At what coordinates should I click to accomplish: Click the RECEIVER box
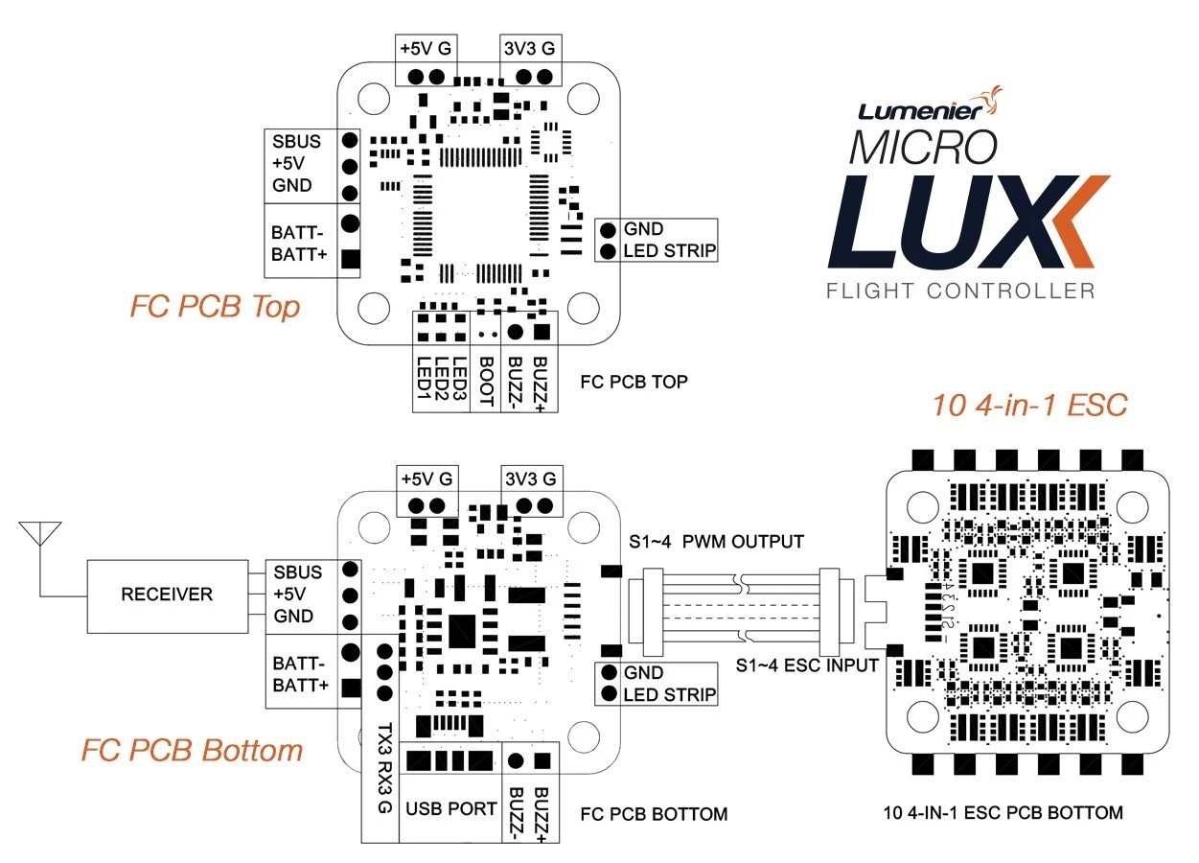(166, 595)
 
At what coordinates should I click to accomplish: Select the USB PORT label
(450, 807)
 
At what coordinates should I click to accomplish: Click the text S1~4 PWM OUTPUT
(716, 542)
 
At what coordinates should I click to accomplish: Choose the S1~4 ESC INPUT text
(807, 665)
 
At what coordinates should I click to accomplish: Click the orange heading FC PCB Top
(215, 307)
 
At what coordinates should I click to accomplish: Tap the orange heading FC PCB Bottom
(192, 750)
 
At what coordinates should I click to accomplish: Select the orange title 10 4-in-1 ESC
(1029, 406)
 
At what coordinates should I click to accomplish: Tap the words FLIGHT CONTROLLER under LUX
(959, 290)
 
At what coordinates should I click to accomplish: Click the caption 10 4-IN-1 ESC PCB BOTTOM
(1003, 813)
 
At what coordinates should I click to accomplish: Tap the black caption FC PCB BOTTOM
(654, 814)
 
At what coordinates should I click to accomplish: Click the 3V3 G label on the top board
(528, 46)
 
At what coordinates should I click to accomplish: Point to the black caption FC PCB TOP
(634, 382)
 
